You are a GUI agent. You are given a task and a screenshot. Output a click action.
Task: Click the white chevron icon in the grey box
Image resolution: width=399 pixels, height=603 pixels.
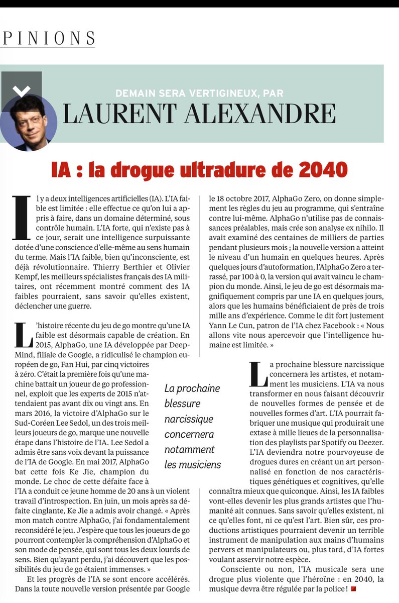point(21,91)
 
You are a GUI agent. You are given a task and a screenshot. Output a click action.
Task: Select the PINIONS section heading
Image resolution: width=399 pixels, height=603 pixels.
point(49,38)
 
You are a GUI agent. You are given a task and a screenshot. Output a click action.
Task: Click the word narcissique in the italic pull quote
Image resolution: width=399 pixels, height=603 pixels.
point(189,419)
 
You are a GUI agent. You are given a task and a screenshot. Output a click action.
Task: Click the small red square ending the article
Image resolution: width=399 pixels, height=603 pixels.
point(353,588)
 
